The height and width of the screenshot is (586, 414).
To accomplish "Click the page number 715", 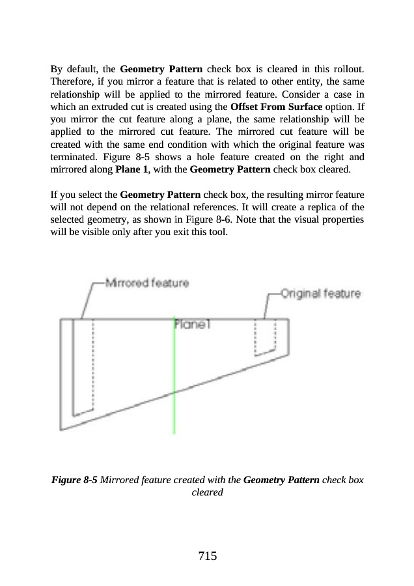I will pos(207,556).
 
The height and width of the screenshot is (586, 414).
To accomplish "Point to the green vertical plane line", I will pos(174,391).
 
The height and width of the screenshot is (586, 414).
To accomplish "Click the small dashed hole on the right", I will pos(265,337).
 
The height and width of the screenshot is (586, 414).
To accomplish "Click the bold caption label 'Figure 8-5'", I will pos(74,481).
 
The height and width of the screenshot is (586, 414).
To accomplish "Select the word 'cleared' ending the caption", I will pos(207,492).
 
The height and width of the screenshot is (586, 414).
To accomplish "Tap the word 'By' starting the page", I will pos(57,68).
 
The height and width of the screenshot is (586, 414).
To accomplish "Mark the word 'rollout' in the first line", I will pos(348,68).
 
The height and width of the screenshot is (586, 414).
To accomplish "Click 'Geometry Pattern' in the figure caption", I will pos(281,481).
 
